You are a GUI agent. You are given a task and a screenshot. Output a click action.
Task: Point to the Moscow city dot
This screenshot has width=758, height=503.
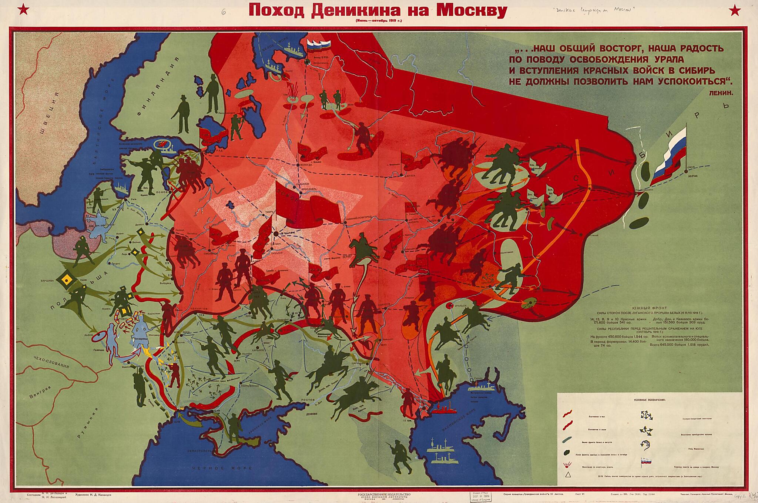pos(276,234)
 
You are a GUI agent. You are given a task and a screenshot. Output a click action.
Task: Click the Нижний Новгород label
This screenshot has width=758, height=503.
pos(359,218)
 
